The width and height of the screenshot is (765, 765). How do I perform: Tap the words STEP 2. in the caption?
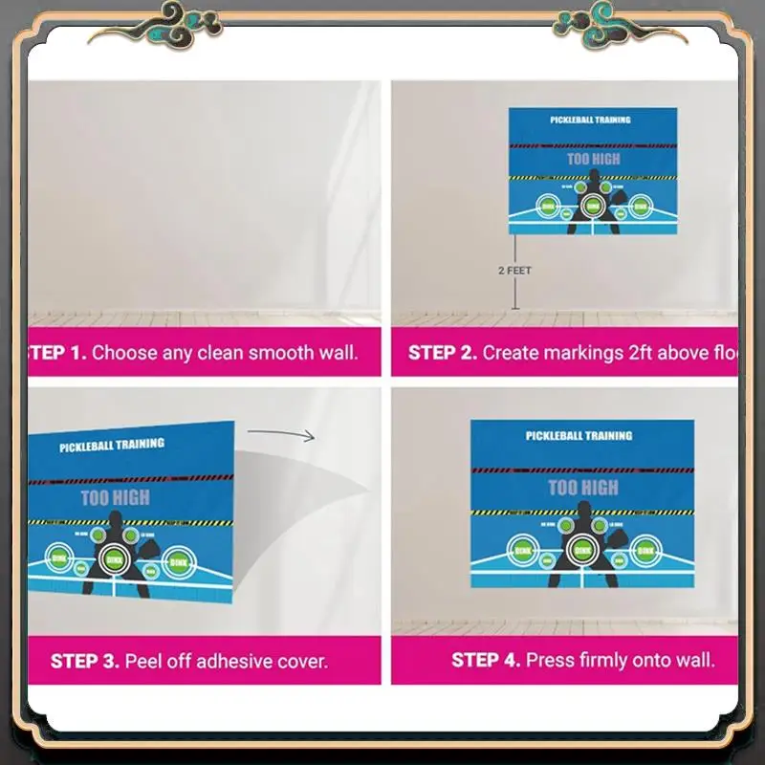pos(443,353)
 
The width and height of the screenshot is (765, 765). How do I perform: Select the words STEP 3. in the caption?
pos(85,661)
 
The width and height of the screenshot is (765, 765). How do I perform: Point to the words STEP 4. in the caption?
pos(486,660)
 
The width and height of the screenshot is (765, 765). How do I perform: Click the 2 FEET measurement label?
pos(514,271)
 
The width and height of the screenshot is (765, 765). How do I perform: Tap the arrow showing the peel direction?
pos(301,436)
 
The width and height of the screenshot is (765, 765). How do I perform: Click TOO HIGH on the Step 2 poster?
pos(593,159)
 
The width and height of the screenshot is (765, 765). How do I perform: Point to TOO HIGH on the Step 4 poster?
pos(582,488)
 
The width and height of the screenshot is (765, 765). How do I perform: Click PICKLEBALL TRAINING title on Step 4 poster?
pos(579,436)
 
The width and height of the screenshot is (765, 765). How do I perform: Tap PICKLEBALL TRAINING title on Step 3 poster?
pos(112,446)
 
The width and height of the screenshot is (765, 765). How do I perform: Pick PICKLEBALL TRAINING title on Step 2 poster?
pos(590,120)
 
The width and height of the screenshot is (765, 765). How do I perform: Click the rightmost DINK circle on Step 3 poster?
pos(178,562)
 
